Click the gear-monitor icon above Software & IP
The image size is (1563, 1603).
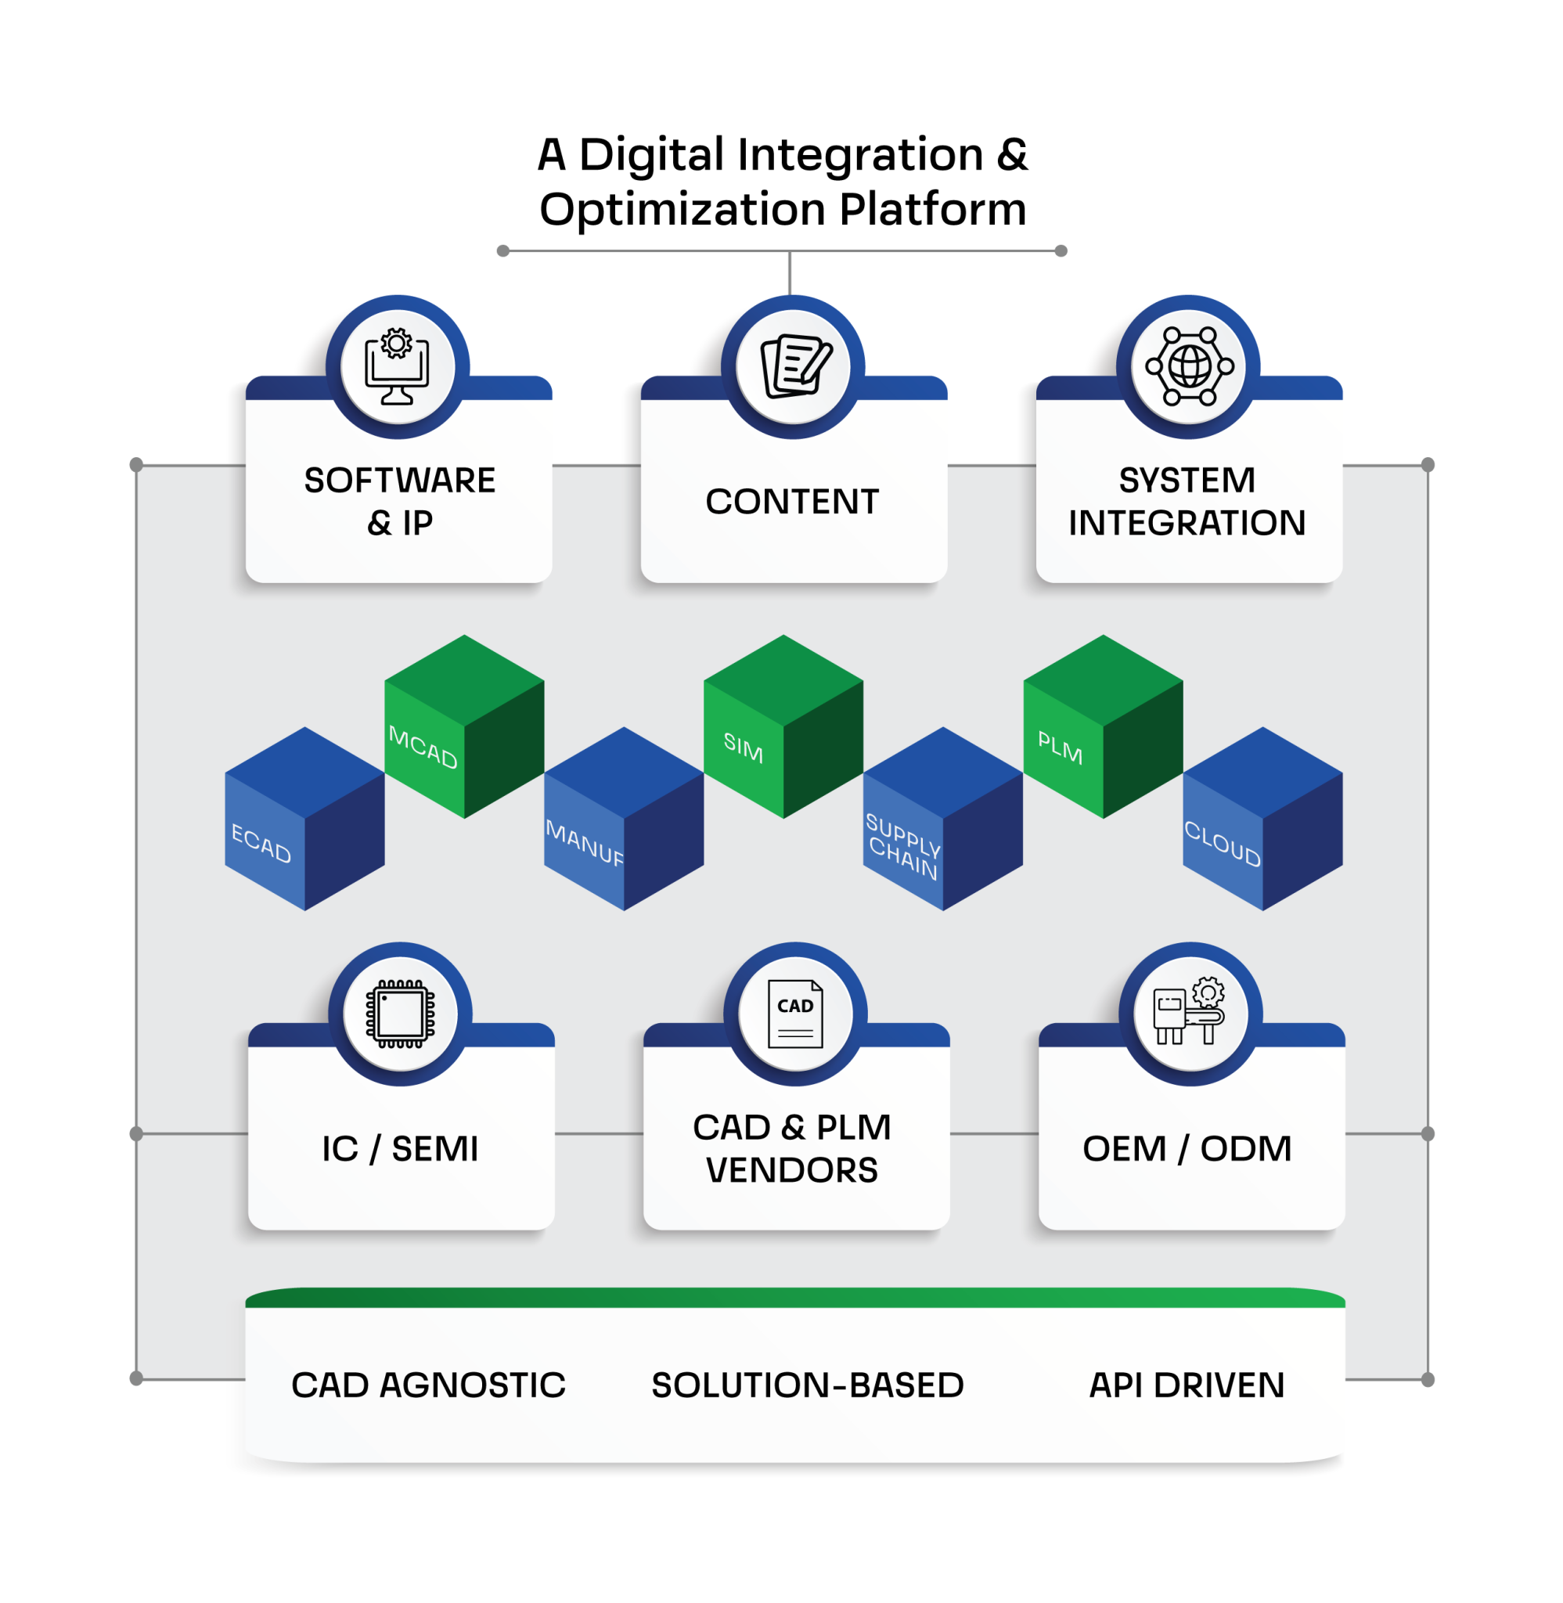click(x=398, y=366)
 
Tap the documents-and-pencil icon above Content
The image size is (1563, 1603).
click(x=793, y=366)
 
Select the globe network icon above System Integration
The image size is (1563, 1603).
click(x=1189, y=366)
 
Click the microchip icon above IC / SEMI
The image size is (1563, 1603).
click(x=400, y=1014)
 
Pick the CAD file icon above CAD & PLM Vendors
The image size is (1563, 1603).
click(x=795, y=1014)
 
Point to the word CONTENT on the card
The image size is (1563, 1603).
click(x=792, y=502)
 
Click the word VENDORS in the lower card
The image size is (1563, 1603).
click(x=792, y=1169)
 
